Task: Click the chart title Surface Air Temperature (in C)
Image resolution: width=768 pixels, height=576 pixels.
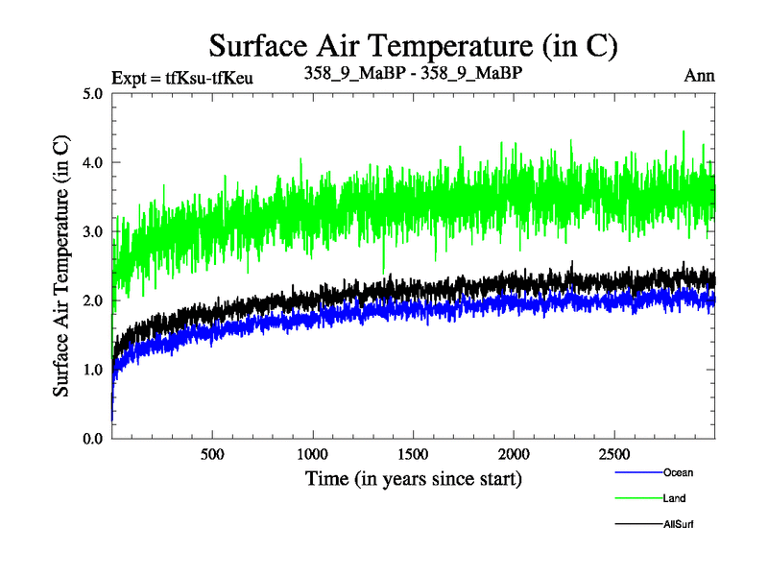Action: [x=413, y=45]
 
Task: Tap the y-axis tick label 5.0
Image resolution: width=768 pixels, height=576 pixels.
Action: [x=94, y=94]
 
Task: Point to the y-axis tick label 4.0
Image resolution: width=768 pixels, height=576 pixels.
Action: [x=94, y=162]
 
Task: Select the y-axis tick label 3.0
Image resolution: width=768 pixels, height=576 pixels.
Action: [x=94, y=231]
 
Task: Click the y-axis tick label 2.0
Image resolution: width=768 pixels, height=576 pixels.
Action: [x=94, y=300]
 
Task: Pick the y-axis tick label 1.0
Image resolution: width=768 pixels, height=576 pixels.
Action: [x=94, y=370]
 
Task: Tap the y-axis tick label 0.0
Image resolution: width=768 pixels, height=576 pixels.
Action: [x=94, y=439]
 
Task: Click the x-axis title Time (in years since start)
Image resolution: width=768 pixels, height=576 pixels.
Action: [x=414, y=477]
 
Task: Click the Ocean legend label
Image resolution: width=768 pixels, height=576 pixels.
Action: [x=678, y=472]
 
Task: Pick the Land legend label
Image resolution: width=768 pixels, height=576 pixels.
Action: [x=674, y=498]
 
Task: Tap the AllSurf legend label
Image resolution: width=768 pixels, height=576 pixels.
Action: [x=678, y=524]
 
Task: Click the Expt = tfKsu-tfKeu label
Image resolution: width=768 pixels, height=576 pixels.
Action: [x=182, y=77]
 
